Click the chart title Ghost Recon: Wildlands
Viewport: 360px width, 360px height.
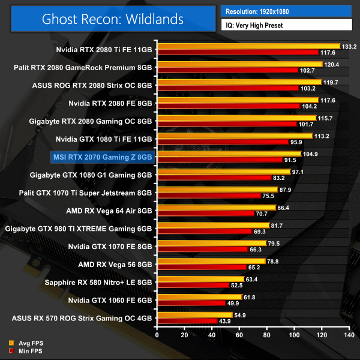[x=113, y=19]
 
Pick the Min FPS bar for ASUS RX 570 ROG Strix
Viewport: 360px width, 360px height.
[x=187, y=321]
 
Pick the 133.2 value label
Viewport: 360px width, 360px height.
[x=349, y=46]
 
